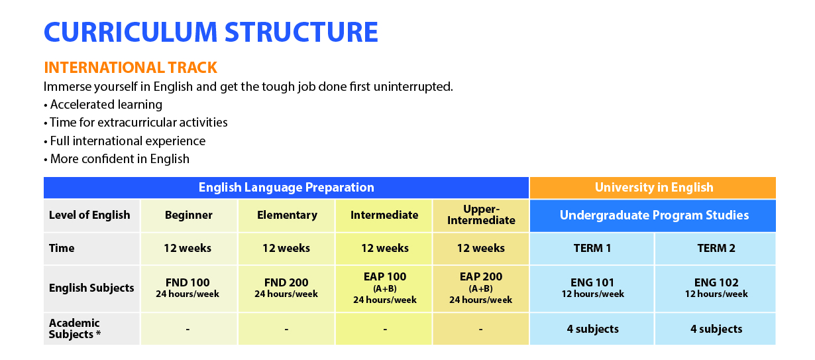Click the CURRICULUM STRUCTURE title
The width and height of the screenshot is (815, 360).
pyautogui.click(x=211, y=32)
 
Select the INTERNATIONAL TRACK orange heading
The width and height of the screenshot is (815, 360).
pyautogui.click(x=131, y=68)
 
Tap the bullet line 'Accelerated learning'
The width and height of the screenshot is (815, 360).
pyautogui.click(x=103, y=105)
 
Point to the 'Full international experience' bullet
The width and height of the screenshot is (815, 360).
pyautogui.click(x=125, y=141)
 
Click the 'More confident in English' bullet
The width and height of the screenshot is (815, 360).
pyautogui.click(x=117, y=159)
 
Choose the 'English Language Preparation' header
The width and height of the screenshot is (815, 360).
pyautogui.click(x=286, y=188)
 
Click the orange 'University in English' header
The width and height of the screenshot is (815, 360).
pyautogui.click(x=653, y=188)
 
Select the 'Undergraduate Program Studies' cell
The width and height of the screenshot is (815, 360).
pyautogui.click(x=653, y=215)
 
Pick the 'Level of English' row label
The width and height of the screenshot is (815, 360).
pyautogui.click(x=91, y=215)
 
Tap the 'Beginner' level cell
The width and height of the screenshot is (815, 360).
pyautogui.click(x=189, y=215)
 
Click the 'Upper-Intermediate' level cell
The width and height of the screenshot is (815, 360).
pyautogui.click(x=481, y=215)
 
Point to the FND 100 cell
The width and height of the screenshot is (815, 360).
pyautogui.click(x=189, y=288)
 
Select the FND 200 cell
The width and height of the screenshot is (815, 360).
pyautogui.click(x=286, y=288)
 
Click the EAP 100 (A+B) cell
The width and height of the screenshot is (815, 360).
pyautogui.click(x=384, y=288)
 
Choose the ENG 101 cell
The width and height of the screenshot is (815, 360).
pyautogui.click(x=592, y=288)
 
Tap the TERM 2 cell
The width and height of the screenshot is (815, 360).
pyautogui.click(x=716, y=249)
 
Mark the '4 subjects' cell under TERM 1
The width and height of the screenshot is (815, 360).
pyautogui.click(x=592, y=329)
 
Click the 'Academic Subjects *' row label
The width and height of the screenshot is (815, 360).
pyautogui.click(x=91, y=329)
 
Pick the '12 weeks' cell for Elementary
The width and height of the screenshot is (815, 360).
pyautogui.click(x=286, y=249)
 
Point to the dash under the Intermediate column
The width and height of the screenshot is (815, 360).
pyautogui.click(x=384, y=330)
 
